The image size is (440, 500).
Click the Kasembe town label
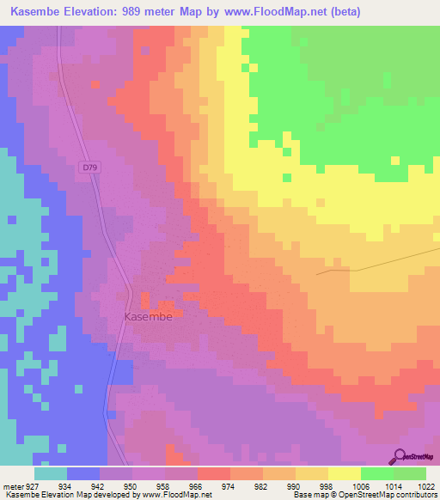pyautogui.click(x=148, y=317)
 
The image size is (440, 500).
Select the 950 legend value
pyautogui.click(x=131, y=485)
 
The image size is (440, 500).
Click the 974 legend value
pyautogui.click(x=229, y=485)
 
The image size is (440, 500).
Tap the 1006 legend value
pyautogui.click(x=360, y=485)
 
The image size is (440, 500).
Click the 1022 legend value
pyautogui.click(x=425, y=485)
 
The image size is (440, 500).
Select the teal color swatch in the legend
pyautogui.click(x=51, y=473)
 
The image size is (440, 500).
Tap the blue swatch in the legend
pyautogui.click(x=83, y=473)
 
